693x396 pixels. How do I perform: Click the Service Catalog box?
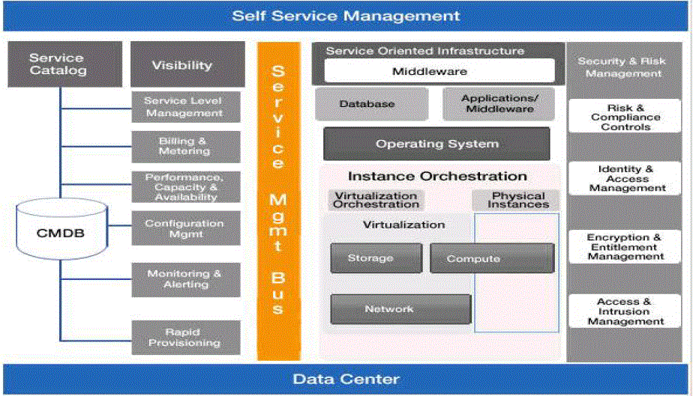[58, 64]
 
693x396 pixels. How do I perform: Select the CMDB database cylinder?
[61, 233]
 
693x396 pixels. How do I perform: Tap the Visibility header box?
[181, 65]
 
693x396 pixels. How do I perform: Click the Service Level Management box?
[184, 106]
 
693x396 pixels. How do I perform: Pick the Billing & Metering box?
[184, 146]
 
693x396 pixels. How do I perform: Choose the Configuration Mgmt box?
[184, 228]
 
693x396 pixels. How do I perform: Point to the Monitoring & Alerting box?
[184, 279]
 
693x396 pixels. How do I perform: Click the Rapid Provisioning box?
[184, 337]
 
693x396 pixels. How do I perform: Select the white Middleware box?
[439, 71]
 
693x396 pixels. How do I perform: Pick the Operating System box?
[436, 144]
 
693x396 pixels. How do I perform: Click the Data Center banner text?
[346, 379]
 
